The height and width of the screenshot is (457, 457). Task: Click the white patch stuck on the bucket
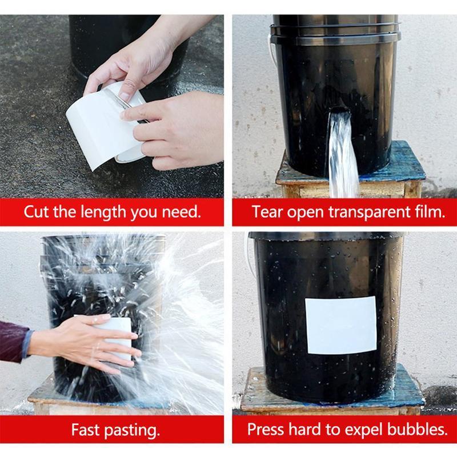340,325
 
